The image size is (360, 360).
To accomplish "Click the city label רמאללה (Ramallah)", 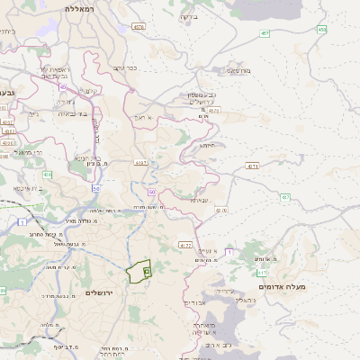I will [80, 7].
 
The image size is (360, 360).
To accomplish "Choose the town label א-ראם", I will [144, 117].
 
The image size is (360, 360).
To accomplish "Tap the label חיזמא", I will [207, 145].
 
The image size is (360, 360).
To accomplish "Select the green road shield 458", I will [322, 30].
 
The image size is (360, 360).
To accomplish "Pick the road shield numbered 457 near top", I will [263, 33].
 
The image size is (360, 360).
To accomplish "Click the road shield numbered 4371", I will [252, 166].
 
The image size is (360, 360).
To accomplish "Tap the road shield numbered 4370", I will [212, 111].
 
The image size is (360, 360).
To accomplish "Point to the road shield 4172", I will [185, 244].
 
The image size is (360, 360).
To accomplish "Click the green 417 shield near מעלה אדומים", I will [262, 272].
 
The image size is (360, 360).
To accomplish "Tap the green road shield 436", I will [47, 175].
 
